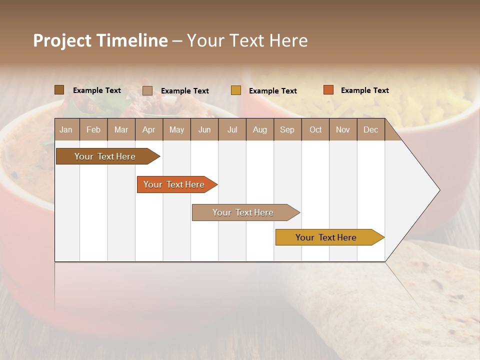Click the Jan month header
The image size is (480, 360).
[66, 129]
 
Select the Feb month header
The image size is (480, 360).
[93, 129]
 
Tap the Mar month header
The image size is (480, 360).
[121, 129]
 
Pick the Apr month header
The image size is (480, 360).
[149, 129]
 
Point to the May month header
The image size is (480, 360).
[176, 129]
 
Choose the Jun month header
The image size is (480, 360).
[204, 129]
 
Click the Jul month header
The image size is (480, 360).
[232, 129]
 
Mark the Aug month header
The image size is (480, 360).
[260, 129]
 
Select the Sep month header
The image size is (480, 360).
[287, 129]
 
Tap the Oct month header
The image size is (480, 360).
[315, 129]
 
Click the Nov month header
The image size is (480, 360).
[343, 129]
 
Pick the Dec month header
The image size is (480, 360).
[371, 129]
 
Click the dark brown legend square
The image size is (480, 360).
[59, 90]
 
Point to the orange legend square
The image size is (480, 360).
[328, 90]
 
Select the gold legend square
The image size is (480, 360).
[236, 90]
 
